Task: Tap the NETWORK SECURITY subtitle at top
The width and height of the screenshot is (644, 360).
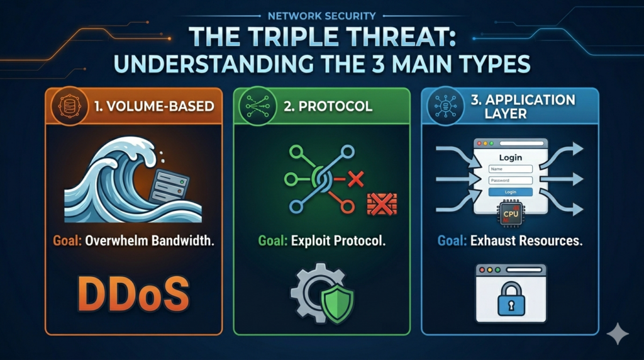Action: (322, 16)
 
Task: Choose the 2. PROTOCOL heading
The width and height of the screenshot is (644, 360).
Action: (328, 106)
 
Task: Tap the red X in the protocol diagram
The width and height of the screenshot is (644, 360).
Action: (357, 180)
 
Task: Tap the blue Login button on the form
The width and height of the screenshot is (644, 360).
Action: (510, 191)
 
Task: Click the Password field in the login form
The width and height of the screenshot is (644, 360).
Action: (510, 180)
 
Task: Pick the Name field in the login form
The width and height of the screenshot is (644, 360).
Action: (510, 169)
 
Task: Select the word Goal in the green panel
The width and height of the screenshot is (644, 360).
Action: (273, 241)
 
